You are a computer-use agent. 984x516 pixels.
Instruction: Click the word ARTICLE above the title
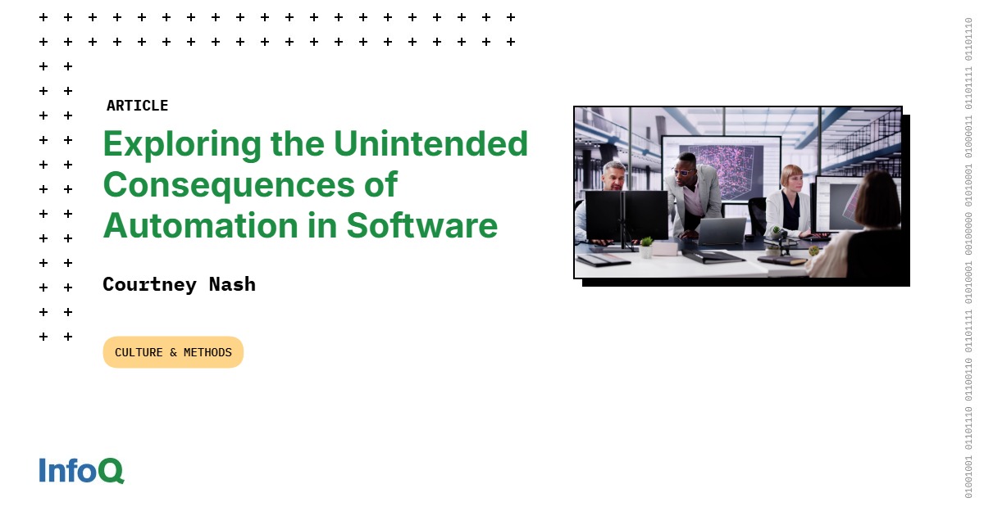click(x=137, y=106)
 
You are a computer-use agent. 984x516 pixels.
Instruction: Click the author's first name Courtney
click(x=150, y=284)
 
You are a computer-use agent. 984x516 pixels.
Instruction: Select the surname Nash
click(x=233, y=284)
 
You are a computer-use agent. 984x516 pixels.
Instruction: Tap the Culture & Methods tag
click(x=173, y=352)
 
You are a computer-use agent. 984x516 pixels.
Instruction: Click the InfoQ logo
click(x=81, y=470)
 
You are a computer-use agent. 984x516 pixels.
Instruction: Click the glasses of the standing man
click(x=684, y=171)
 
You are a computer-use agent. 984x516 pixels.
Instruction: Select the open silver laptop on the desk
click(x=721, y=232)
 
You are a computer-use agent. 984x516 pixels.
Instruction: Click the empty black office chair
click(x=757, y=216)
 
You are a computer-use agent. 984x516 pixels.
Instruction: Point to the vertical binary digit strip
click(x=968, y=258)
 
